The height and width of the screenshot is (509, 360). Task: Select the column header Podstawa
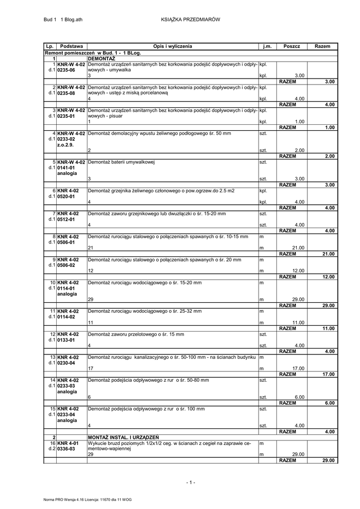click(x=71, y=46)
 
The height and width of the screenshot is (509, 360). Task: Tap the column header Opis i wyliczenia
click(x=173, y=46)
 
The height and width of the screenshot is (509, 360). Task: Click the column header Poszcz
click(x=292, y=46)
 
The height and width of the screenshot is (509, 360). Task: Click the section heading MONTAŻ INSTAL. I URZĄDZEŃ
click(x=123, y=437)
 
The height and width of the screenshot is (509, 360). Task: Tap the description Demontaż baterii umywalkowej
click(x=122, y=162)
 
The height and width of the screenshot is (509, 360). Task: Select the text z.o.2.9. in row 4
click(x=65, y=145)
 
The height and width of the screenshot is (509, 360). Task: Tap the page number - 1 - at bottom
click(x=190, y=482)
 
